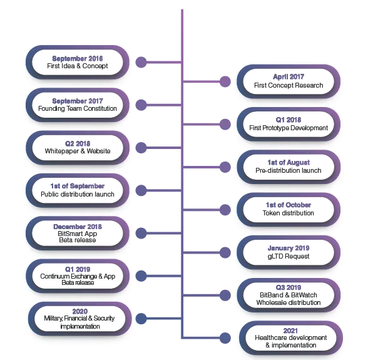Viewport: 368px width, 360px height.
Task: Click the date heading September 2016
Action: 78,58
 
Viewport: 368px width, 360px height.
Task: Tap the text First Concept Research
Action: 289,85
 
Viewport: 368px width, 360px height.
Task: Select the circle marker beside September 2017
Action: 141,105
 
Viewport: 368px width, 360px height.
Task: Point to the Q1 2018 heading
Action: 289,120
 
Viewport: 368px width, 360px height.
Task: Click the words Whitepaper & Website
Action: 78,151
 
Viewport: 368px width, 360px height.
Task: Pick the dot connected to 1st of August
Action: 225,167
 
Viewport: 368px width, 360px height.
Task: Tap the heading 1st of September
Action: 78,186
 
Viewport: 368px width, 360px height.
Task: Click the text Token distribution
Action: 288,213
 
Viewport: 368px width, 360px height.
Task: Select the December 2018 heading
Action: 78,227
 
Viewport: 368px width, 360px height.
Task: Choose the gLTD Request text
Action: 289,256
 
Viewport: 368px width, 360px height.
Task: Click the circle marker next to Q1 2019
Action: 141,276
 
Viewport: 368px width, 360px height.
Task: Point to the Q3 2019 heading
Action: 289,287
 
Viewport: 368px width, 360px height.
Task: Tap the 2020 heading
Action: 80,311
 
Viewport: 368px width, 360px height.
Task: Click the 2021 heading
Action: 290,331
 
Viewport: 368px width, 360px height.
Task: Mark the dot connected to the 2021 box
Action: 225,338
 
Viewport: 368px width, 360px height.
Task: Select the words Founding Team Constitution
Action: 78,108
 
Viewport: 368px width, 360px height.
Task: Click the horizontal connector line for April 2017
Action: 202,82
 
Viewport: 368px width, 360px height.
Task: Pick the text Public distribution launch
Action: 78,194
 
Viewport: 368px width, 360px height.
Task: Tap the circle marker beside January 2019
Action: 225,253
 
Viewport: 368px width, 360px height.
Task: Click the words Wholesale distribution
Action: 289,302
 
